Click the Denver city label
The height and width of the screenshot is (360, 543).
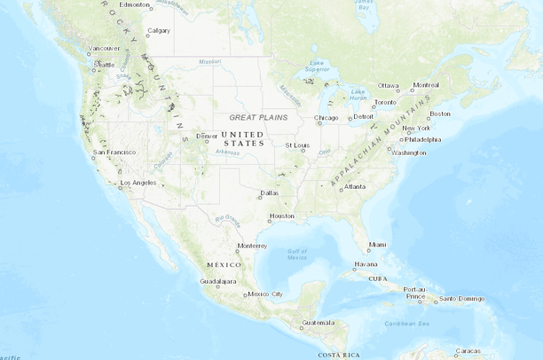point(208,136)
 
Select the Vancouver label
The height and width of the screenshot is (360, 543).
point(104,48)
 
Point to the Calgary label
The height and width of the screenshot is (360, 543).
point(159,30)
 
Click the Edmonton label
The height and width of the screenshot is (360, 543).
point(135,4)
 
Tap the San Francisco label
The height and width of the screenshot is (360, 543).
point(114,152)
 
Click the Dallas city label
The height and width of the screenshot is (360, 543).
point(270,192)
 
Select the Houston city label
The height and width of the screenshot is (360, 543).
point(281,215)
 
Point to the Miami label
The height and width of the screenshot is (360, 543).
point(377,244)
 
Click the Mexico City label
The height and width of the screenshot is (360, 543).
point(265,293)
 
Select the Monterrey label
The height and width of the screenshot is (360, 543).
point(252,246)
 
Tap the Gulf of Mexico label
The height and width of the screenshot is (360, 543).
point(297,254)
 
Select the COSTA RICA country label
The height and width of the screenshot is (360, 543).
point(338,355)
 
